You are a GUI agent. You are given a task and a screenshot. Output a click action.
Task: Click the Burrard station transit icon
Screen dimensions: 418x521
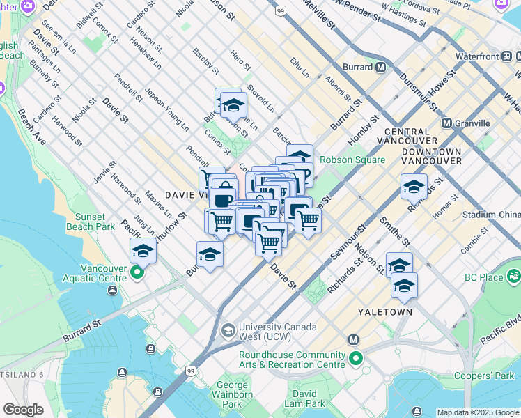[380, 68]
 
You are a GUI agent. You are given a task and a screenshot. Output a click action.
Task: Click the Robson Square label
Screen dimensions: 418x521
[352, 160]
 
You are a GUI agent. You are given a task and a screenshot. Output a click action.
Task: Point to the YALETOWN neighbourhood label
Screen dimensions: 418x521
[385, 312]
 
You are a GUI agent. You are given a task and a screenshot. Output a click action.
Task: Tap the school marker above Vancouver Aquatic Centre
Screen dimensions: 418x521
[143, 250]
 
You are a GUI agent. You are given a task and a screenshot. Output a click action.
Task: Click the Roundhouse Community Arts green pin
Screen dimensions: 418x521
[356, 359]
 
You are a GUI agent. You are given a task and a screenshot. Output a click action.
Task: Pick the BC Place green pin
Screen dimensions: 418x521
[514, 276]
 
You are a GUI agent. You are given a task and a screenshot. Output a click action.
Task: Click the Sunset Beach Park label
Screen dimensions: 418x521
[91, 222]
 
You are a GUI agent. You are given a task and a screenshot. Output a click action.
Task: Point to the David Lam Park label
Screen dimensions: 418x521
[304, 398]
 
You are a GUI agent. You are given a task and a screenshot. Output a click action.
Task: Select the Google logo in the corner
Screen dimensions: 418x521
[23, 410]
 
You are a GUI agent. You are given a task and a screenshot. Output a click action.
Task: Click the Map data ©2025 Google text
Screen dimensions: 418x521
[478, 412]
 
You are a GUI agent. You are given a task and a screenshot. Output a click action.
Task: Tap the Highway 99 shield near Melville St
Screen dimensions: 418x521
[280, 11]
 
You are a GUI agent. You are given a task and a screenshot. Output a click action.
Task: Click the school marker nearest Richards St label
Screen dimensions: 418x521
[414, 186]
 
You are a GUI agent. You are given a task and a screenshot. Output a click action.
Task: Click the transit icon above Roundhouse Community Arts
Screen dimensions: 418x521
[353, 340]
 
